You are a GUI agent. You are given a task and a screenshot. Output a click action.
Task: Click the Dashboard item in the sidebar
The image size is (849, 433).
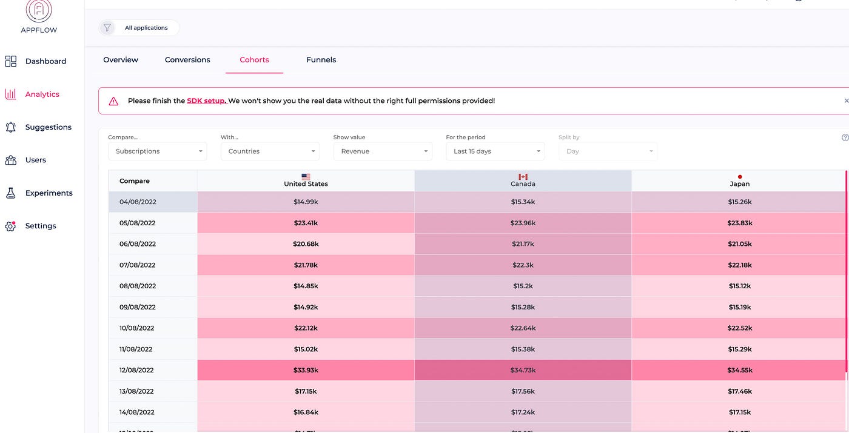45,61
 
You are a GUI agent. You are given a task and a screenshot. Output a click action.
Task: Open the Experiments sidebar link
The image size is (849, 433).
49,193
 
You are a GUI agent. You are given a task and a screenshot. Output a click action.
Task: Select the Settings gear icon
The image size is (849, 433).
10,226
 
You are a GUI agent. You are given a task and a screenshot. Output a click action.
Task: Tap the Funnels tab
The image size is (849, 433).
321,60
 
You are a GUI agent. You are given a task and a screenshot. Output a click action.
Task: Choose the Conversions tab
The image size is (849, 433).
187,60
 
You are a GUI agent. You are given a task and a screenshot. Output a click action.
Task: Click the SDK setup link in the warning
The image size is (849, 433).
207,101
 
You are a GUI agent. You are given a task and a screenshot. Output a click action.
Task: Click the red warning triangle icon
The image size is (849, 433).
113,101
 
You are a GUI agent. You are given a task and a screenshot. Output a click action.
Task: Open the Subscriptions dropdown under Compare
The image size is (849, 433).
158,151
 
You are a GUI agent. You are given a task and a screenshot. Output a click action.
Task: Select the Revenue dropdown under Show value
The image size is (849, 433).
383,151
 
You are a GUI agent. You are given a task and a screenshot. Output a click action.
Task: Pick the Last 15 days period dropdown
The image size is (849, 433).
495,151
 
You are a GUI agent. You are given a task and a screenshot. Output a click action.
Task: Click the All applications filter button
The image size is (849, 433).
146,28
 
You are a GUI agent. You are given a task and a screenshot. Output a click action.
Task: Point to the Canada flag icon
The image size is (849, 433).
523,177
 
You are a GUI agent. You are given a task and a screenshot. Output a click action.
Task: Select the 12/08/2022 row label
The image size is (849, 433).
137,370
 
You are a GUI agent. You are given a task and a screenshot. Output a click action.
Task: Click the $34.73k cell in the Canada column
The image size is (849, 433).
523,370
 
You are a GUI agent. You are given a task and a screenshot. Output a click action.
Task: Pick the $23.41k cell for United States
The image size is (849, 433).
306,223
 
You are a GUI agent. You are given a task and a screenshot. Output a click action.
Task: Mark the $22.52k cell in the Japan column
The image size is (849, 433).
739,328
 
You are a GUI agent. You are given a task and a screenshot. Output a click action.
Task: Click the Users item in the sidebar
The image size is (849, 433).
36,160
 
